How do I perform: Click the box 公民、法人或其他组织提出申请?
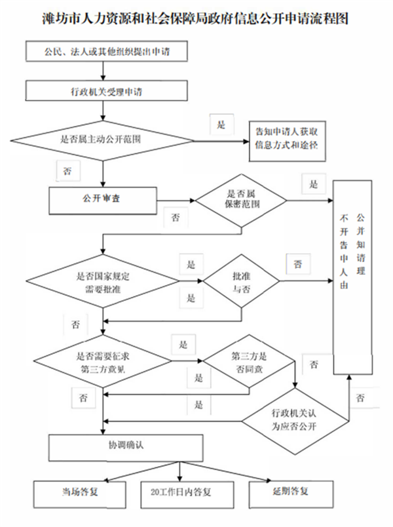pos(109,50)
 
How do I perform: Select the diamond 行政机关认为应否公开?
pos(297,418)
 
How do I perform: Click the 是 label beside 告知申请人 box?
pos(221,125)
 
